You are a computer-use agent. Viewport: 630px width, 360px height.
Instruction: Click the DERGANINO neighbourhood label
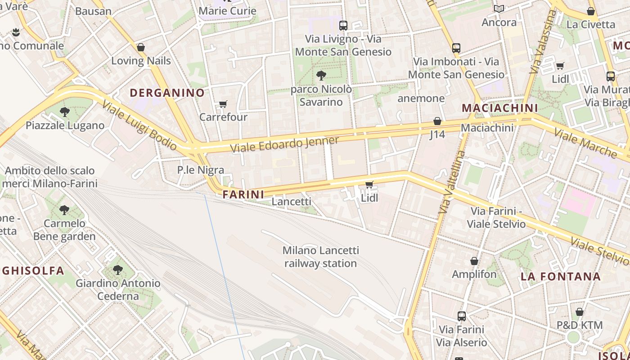[x=167, y=93]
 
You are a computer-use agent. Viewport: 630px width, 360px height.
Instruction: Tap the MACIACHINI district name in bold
[x=500, y=108]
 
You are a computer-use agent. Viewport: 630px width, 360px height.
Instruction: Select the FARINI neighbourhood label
[x=243, y=194]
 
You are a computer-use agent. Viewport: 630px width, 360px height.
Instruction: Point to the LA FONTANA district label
[x=561, y=276]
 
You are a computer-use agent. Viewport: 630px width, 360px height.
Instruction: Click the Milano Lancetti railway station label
[x=320, y=256]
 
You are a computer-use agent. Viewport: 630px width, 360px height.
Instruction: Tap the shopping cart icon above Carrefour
[x=223, y=104]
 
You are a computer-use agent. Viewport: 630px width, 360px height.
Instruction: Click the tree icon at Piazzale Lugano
[x=65, y=112]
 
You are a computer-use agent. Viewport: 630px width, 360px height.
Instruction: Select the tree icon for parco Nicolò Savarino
[x=321, y=76]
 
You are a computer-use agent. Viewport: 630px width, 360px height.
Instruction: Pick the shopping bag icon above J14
[x=437, y=121]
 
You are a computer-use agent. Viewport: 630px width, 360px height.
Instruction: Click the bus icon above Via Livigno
[x=343, y=25]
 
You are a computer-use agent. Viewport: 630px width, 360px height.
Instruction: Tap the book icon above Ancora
[x=499, y=9]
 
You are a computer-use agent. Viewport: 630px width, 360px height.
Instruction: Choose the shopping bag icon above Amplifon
[x=474, y=261]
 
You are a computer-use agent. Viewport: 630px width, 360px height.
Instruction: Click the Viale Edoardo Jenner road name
[x=284, y=144]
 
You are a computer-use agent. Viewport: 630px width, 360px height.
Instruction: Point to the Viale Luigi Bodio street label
[x=139, y=125]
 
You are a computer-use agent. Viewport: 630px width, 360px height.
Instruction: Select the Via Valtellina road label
[x=452, y=182]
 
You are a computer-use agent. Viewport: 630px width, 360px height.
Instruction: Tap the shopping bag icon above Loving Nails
[x=141, y=47]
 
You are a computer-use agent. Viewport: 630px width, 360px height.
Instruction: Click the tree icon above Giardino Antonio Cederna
[x=118, y=270]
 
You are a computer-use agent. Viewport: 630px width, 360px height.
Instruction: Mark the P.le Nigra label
[x=201, y=170]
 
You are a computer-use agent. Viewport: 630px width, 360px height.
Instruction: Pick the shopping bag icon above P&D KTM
[x=580, y=312]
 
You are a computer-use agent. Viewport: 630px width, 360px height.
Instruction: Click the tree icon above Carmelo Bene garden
[x=64, y=210]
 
